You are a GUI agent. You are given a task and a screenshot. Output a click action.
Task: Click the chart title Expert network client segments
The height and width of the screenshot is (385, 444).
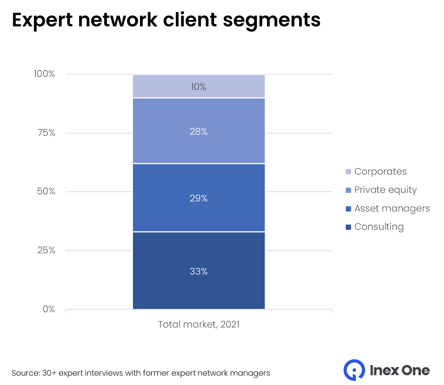pyautogui.click(x=166, y=20)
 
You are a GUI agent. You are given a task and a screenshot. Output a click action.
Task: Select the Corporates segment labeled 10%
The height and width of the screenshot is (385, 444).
pyautogui.click(x=199, y=87)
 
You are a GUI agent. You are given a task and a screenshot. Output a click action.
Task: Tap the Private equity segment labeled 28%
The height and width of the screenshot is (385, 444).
pyautogui.click(x=199, y=131)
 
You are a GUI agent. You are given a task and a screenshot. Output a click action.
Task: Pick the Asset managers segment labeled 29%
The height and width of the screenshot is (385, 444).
pyautogui.click(x=199, y=198)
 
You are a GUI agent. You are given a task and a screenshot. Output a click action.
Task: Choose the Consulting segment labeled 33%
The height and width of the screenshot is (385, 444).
pyautogui.click(x=199, y=271)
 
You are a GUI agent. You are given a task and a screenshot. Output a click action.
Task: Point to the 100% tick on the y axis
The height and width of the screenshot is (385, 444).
pyautogui.click(x=44, y=74)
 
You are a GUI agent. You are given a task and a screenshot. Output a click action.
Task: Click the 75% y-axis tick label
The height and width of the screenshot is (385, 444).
pyautogui.click(x=46, y=133)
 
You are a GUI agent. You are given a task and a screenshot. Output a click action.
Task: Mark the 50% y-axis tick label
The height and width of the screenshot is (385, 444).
pyautogui.click(x=46, y=191)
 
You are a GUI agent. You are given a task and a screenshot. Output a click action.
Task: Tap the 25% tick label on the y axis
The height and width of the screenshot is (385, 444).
pyautogui.click(x=46, y=250)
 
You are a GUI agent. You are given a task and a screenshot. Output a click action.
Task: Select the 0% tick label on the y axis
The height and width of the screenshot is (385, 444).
pyautogui.click(x=49, y=309)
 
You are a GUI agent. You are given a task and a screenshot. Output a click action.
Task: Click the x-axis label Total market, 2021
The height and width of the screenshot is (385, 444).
pyautogui.click(x=199, y=324)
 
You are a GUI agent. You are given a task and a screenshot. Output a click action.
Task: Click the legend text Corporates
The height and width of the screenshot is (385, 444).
pyautogui.click(x=380, y=172)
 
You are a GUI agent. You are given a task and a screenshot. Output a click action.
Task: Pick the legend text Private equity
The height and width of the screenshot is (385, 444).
pyautogui.click(x=385, y=190)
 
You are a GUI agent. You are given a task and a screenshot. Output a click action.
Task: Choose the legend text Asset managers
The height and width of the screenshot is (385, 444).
pyautogui.click(x=392, y=209)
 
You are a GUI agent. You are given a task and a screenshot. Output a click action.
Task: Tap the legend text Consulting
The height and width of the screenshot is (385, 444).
pyautogui.click(x=379, y=227)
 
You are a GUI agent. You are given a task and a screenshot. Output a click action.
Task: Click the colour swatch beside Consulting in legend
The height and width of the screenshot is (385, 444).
pyautogui.click(x=348, y=227)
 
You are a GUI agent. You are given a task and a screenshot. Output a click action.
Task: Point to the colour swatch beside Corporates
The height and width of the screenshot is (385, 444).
pyautogui.click(x=348, y=172)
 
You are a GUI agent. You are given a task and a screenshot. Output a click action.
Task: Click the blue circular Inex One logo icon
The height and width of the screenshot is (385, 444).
pyautogui.click(x=354, y=370)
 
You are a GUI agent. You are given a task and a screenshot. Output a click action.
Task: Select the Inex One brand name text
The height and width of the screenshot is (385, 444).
pyautogui.click(x=399, y=370)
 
